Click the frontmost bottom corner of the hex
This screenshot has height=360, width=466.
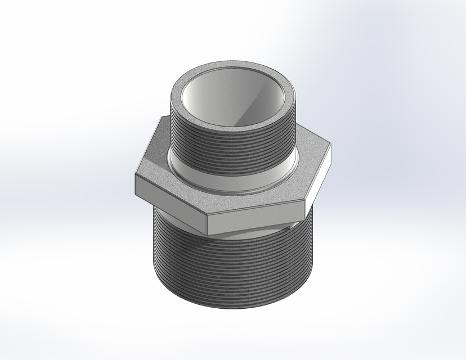click(206, 232)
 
